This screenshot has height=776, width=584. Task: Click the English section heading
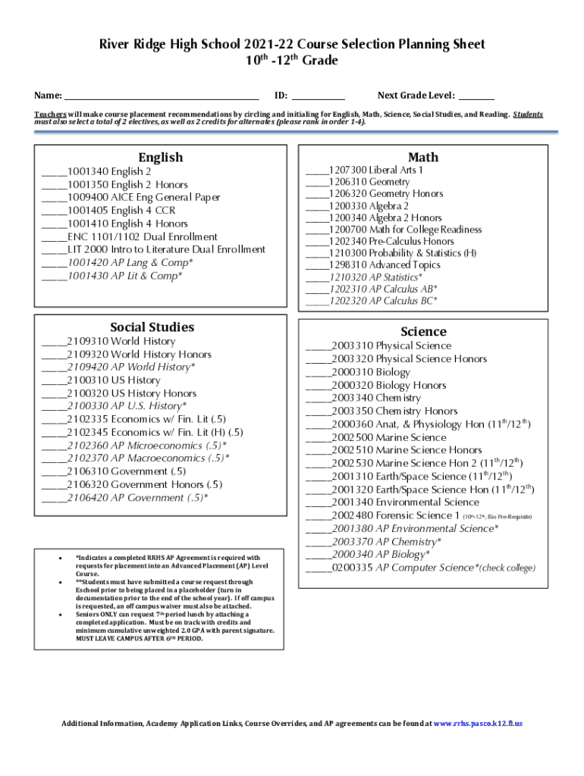pos(160,158)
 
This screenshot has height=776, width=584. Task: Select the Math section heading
pos(422,157)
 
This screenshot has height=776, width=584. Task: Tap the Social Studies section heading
pos(152,327)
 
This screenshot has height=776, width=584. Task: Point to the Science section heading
pos(423,332)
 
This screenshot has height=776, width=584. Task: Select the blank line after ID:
pos(318,96)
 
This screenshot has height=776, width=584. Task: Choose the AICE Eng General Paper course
pos(143,198)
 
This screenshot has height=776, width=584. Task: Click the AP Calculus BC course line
pos(383,301)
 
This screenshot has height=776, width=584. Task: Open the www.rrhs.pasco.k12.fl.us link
pos(477,724)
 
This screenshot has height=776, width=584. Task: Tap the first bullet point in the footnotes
pos(60,559)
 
